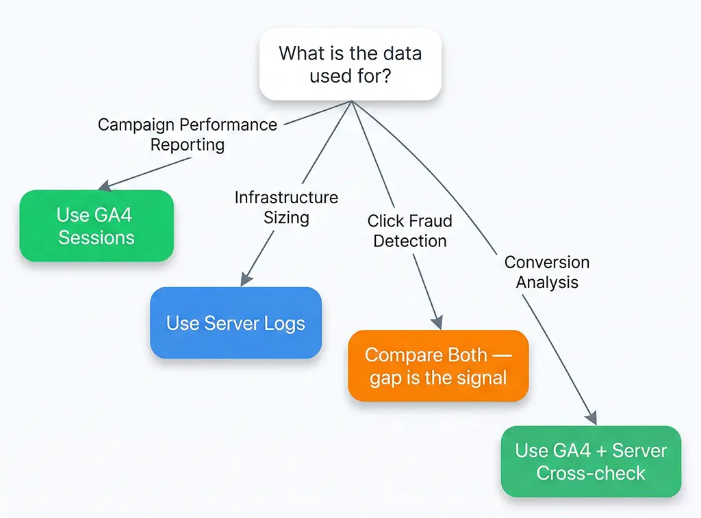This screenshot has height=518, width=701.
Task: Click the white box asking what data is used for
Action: tap(350, 64)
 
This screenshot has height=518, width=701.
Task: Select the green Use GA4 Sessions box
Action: tap(96, 226)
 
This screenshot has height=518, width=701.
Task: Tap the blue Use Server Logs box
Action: tap(235, 323)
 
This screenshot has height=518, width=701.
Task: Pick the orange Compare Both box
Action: tap(438, 365)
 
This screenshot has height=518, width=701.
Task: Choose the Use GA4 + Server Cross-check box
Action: tap(591, 461)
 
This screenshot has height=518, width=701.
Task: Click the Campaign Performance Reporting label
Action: tap(187, 135)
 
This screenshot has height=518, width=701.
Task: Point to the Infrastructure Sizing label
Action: tap(286, 207)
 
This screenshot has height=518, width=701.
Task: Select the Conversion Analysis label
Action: tap(546, 272)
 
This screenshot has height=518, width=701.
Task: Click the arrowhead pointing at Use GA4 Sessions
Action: tap(104, 186)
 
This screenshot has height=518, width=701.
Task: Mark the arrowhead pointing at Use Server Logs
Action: tap(245, 281)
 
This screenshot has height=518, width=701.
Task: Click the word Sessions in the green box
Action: tap(96, 237)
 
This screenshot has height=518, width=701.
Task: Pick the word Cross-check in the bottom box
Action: tap(591, 473)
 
